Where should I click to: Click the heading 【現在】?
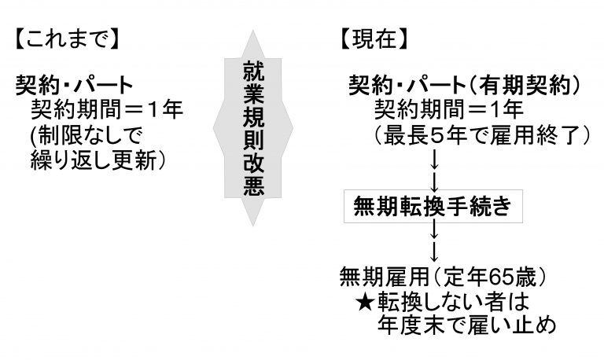[374, 39]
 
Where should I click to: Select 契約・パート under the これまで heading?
[75, 85]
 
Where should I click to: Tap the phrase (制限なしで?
[87, 134]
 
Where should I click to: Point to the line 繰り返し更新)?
[98, 160]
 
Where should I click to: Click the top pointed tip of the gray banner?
[252, 31]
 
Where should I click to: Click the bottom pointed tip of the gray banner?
[252, 225]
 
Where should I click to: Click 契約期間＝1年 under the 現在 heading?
[448, 110]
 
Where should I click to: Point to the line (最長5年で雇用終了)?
[481, 135]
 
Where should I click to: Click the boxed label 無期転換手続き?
[433, 207]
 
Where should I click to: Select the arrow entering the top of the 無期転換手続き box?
[434, 182]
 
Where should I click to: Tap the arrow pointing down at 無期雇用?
[434, 252]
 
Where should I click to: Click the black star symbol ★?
[365, 302]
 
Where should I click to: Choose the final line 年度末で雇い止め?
[466, 325]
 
